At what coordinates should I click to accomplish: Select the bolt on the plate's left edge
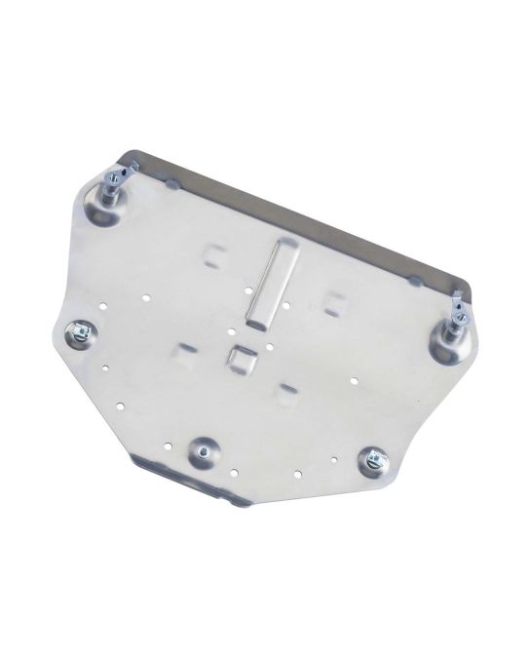78,333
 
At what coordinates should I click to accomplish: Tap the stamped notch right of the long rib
336,300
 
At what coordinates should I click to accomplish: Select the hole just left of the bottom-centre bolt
170,446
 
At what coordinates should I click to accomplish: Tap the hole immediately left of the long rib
249,290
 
